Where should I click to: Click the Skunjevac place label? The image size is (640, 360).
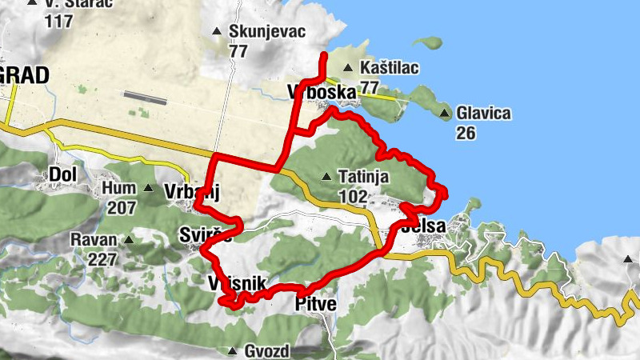point(257,32)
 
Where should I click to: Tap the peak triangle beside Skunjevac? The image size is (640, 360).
point(216,32)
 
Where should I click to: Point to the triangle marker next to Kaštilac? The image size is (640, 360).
point(348,69)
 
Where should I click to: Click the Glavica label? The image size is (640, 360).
point(483,114)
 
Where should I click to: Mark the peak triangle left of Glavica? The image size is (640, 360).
point(444,114)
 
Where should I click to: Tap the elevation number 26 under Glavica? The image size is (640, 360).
point(467,132)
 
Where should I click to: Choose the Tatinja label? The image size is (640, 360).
point(363,176)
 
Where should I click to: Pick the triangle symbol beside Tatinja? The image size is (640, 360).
point(326,176)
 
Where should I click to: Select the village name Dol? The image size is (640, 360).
point(62,174)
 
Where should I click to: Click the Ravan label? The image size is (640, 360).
point(94,239)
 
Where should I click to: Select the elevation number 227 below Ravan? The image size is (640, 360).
point(104,258)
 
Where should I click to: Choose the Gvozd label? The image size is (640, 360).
point(266,351)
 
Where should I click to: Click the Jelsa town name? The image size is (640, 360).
point(426,226)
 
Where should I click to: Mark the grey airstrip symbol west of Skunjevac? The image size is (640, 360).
point(146,98)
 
